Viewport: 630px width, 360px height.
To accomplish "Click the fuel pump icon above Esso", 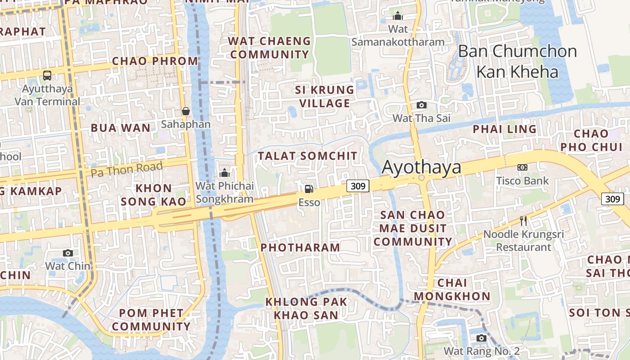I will (x=309, y=189).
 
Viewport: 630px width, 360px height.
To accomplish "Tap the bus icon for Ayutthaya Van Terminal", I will (x=47, y=75).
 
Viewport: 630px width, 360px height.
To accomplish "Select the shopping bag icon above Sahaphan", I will (x=185, y=111).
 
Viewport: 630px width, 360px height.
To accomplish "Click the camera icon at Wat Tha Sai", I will (x=421, y=105).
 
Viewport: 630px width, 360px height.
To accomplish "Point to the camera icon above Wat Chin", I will (x=68, y=253).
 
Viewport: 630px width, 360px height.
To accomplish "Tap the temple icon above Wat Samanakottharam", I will (x=398, y=16).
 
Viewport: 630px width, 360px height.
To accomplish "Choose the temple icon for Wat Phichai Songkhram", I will (x=225, y=173).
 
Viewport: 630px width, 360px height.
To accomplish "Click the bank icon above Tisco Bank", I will (x=522, y=167).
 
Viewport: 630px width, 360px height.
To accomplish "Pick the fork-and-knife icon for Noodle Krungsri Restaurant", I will (x=523, y=221).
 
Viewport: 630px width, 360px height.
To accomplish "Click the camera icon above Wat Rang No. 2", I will (x=481, y=338).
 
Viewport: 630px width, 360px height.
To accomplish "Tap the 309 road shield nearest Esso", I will (x=358, y=185).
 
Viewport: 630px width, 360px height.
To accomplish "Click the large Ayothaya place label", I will (x=422, y=167).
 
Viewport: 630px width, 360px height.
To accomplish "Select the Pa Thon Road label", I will (x=126, y=170).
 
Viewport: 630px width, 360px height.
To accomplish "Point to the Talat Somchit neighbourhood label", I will (x=308, y=156).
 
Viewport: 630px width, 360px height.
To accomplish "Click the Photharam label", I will (x=300, y=247).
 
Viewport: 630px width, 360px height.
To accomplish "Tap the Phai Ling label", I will (x=504, y=129).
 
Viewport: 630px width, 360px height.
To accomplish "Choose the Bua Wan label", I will (x=121, y=128).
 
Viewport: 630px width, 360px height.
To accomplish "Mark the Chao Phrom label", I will (x=155, y=61).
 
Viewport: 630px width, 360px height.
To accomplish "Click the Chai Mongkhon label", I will (x=452, y=289).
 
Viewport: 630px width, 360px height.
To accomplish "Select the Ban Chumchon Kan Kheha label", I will (x=517, y=61).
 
